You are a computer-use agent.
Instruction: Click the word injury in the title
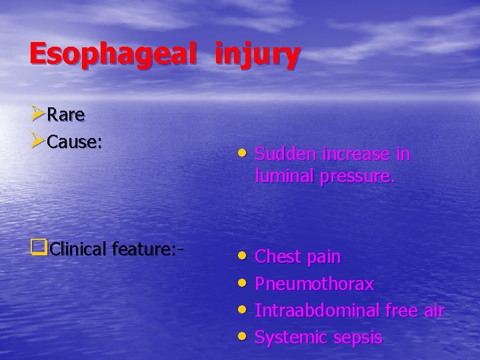(x=257, y=55)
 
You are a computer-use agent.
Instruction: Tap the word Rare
(x=67, y=115)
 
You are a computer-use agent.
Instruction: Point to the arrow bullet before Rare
(x=38, y=114)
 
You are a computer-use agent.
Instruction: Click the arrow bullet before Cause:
(x=38, y=141)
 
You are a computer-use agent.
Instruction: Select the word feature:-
(x=148, y=249)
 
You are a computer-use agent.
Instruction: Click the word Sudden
(x=286, y=154)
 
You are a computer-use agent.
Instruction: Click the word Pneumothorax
(x=314, y=284)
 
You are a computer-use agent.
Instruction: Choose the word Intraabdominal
(x=317, y=311)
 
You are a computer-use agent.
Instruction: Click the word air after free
(x=433, y=311)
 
